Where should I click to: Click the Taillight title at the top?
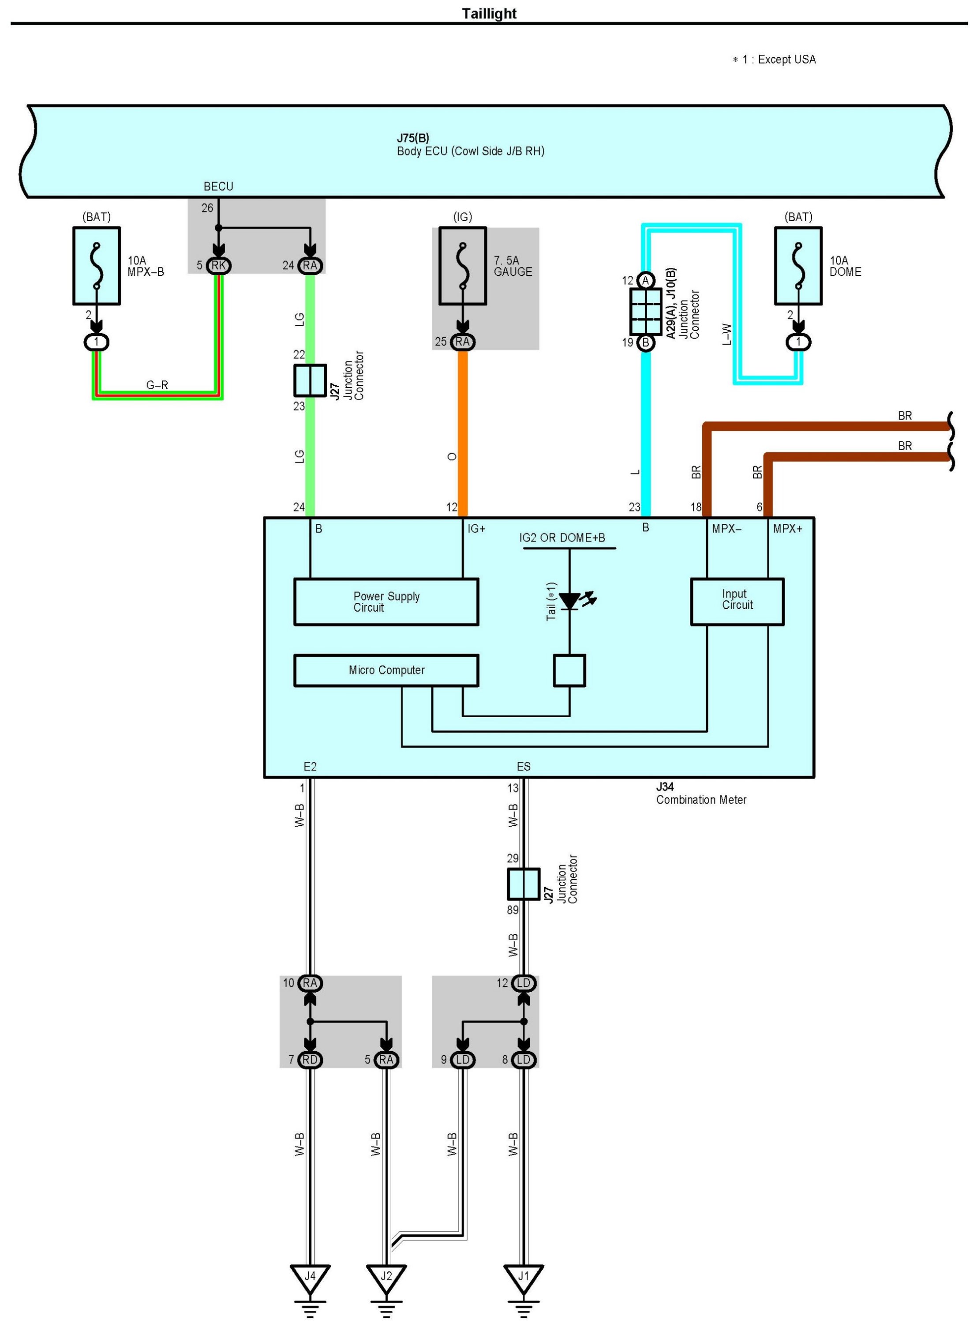coord(489,14)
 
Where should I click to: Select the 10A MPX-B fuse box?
coord(97,266)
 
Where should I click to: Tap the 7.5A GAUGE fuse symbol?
coord(463,266)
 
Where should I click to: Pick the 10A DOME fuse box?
coord(798,266)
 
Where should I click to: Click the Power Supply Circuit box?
coord(386,602)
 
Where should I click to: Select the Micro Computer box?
coord(386,670)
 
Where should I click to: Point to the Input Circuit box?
coord(737,602)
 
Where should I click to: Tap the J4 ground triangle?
coord(310,1279)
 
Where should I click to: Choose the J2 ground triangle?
coord(386,1279)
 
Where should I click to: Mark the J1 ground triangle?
coord(524,1279)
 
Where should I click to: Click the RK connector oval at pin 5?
coord(218,266)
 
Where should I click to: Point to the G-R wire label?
coord(157,385)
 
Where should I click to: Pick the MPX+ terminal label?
coord(788,529)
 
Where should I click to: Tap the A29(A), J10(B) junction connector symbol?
coord(646,311)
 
